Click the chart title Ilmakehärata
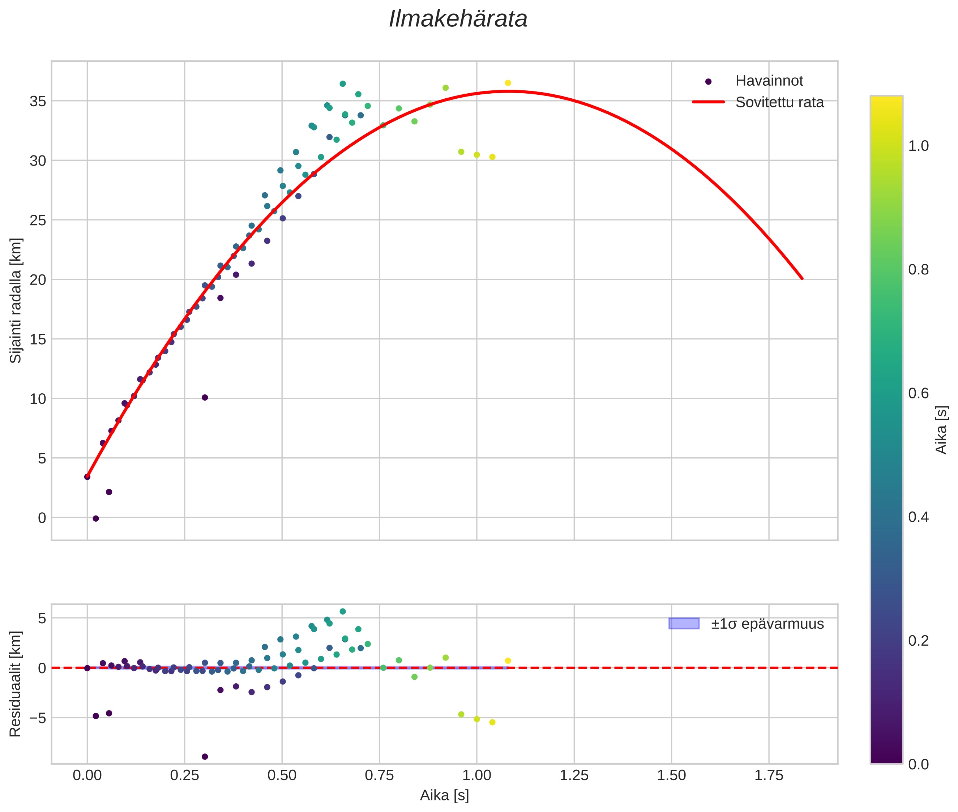click(x=458, y=19)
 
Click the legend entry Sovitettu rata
click(x=779, y=102)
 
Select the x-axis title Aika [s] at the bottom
click(x=444, y=795)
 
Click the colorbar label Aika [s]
click(x=941, y=429)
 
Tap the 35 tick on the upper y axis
click(x=38, y=101)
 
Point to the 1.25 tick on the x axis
click(x=574, y=775)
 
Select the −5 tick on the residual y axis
click(x=35, y=718)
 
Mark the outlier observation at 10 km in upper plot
click(x=205, y=397)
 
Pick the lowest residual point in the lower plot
click(x=205, y=756)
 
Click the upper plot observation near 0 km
click(x=96, y=518)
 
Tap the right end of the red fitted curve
click(x=802, y=278)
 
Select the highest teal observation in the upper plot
click(x=342, y=84)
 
